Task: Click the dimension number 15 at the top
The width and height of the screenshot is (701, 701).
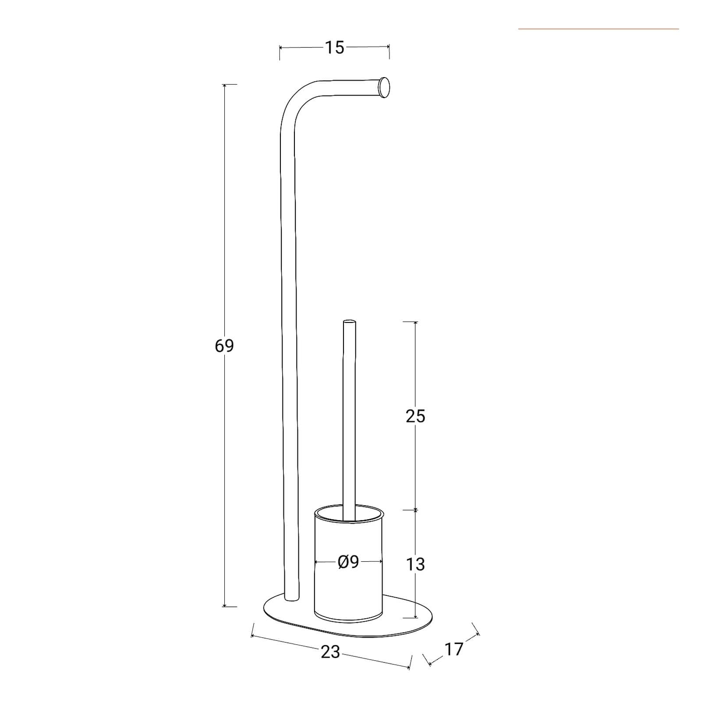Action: click(334, 47)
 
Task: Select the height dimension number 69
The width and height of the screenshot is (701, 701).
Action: click(224, 346)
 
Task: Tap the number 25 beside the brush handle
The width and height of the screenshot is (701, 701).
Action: click(415, 416)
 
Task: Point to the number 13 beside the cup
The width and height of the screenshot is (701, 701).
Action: click(415, 564)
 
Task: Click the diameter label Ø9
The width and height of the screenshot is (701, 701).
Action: click(349, 562)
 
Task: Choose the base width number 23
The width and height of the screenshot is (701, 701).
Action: click(330, 652)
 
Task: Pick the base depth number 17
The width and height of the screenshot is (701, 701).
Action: click(453, 649)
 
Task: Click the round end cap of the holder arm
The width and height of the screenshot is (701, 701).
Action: click(384, 87)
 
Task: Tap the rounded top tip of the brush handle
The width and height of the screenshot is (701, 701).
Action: click(349, 322)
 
